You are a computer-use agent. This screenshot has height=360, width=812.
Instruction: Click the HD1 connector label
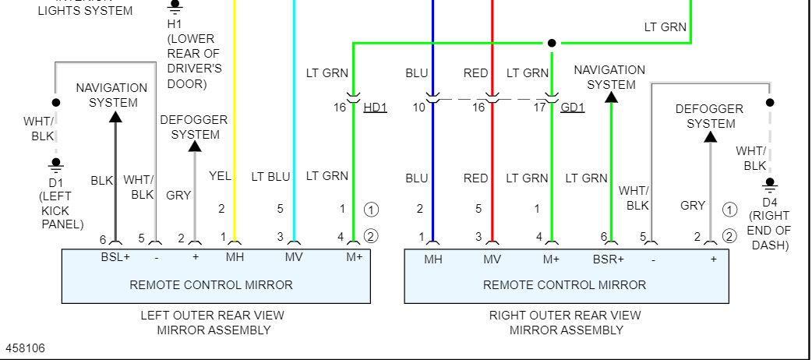(x=375, y=108)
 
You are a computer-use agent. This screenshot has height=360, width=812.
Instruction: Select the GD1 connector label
(x=572, y=108)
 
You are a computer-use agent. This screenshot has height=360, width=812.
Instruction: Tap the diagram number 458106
(x=25, y=348)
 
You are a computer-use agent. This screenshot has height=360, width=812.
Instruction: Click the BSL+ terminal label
(x=115, y=258)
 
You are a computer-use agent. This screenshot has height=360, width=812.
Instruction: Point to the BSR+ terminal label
(x=608, y=259)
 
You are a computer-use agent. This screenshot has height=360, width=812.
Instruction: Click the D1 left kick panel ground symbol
(x=55, y=164)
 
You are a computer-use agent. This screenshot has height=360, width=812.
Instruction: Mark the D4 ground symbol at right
(x=770, y=185)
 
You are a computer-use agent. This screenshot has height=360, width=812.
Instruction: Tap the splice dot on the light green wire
(x=551, y=43)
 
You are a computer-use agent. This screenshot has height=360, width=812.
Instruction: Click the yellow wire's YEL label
(x=221, y=177)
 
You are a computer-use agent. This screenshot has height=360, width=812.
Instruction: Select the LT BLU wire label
(x=270, y=177)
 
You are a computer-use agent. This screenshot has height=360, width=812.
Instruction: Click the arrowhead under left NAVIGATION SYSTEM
(x=115, y=116)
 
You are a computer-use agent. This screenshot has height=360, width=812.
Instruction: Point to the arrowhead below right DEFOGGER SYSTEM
(x=710, y=137)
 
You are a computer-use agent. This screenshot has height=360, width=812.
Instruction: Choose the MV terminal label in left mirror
(x=293, y=258)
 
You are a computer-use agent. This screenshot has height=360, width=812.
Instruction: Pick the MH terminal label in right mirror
(x=432, y=259)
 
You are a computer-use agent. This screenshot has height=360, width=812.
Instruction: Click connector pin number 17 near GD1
(x=539, y=108)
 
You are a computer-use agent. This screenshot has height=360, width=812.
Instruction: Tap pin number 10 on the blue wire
(x=419, y=108)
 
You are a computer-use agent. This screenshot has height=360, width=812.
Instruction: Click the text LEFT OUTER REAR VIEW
(x=212, y=316)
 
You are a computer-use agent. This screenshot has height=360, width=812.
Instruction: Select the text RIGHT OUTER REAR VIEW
(x=564, y=316)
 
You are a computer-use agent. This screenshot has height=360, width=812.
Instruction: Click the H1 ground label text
(x=173, y=23)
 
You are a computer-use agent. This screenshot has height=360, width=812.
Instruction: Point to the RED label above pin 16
(x=475, y=73)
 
